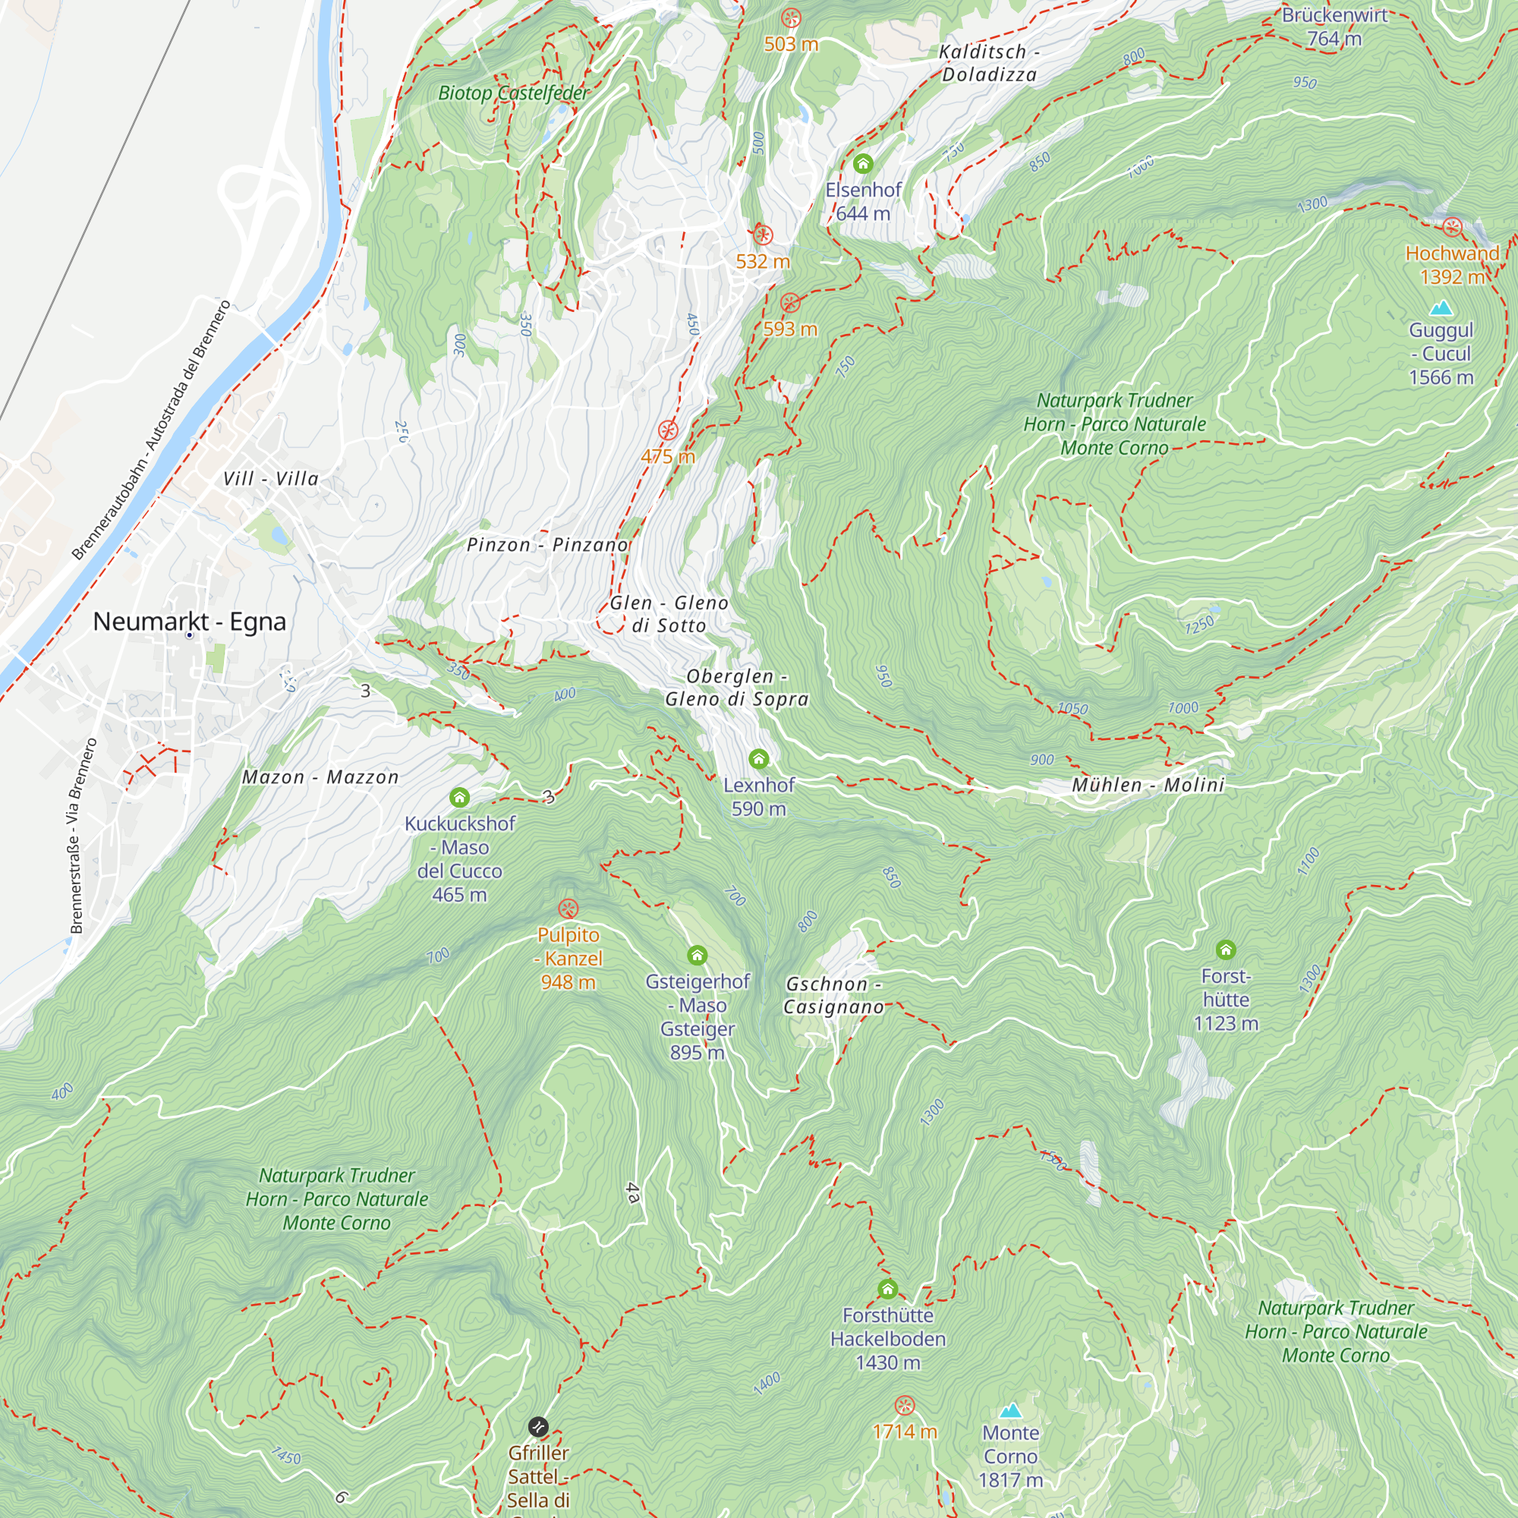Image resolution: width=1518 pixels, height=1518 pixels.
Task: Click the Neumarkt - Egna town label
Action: coord(189,622)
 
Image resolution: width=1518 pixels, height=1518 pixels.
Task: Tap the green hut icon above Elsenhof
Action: coord(863,164)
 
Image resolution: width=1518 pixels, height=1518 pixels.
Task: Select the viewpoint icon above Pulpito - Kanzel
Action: coord(568,909)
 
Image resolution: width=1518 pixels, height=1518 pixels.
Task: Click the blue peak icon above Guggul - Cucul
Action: coord(1441,307)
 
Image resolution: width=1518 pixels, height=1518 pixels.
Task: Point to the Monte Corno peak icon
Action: coord(1010,1410)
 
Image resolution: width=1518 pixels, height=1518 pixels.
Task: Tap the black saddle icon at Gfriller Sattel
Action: coord(538,1426)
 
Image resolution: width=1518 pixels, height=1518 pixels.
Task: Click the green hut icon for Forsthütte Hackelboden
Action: coord(888,1290)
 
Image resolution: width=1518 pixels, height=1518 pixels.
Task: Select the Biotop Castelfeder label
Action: coord(513,93)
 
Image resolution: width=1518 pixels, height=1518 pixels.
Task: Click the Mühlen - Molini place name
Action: coord(1148,785)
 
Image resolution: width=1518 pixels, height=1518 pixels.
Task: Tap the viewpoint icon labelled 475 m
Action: coord(668,430)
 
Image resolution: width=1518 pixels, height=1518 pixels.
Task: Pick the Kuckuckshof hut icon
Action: coord(460,798)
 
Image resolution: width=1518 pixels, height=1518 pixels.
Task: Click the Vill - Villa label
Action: coord(271,478)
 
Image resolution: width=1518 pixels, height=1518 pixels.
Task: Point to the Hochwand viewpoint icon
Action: coord(1452,228)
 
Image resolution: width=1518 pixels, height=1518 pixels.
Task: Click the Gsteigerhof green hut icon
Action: coord(697,956)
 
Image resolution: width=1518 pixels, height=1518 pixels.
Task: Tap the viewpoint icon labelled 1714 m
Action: coord(905,1405)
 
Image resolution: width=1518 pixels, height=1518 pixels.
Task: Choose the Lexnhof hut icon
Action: coord(758,758)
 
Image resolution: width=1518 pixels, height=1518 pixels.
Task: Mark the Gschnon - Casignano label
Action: coord(833,995)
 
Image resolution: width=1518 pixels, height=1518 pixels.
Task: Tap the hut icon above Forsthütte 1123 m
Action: coord(1226,950)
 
